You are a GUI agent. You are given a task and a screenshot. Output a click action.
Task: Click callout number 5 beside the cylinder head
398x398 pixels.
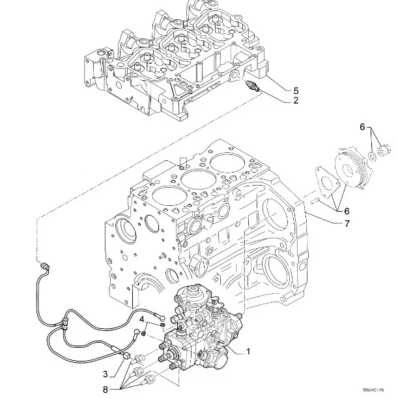click(296, 89)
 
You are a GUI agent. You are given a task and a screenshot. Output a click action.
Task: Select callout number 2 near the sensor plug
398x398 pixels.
click(295, 101)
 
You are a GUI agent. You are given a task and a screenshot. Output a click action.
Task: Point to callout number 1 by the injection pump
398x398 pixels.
click(248, 351)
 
